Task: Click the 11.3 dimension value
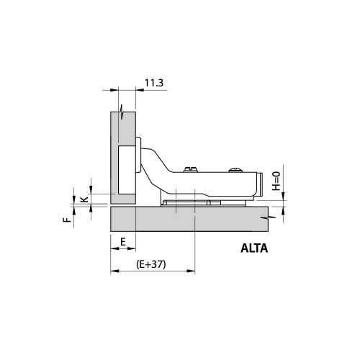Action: pyautogui.click(x=155, y=84)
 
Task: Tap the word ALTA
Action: pyautogui.click(x=254, y=250)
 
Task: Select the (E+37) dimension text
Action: pyautogui.click(x=151, y=264)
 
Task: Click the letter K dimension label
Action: pyautogui.click(x=84, y=199)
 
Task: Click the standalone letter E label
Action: pyautogui.click(x=123, y=240)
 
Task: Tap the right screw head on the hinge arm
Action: pyautogui.click(x=235, y=171)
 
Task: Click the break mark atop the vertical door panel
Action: pyautogui.click(x=124, y=113)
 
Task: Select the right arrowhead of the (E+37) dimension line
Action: pyautogui.click(x=191, y=272)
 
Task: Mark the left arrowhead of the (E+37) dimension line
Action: pyautogui.click(x=114, y=272)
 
